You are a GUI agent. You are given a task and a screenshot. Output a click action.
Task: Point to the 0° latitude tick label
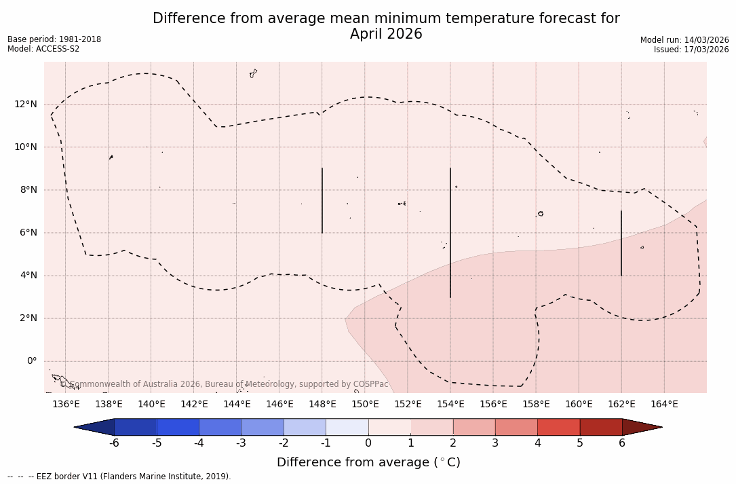click(x=33, y=360)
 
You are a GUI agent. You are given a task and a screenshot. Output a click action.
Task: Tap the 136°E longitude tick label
click(x=66, y=405)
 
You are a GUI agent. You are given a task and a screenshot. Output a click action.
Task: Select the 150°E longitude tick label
click(x=365, y=405)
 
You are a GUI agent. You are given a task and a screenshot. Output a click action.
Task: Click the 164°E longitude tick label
click(x=664, y=405)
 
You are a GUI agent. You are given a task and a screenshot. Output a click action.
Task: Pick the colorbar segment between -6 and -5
click(x=136, y=427)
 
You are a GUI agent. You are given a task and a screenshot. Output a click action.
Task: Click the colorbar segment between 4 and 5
click(x=558, y=427)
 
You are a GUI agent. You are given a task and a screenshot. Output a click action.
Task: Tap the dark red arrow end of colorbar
click(x=641, y=427)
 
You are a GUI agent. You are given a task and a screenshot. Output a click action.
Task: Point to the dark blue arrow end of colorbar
click(x=95, y=427)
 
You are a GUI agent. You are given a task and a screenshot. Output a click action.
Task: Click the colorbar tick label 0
click(x=368, y=443)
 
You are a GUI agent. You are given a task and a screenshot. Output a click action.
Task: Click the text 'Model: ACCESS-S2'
click(x=43, y=49)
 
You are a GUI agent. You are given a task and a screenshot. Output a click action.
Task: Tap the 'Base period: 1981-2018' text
click(x=54, y=39)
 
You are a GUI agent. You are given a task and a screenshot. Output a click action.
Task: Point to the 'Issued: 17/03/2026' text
click(x=691, y=50)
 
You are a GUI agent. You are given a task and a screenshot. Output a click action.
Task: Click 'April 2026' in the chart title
click(x=386, y=34)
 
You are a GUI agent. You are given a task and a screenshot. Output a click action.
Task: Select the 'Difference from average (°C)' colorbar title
click(x=368, y=462)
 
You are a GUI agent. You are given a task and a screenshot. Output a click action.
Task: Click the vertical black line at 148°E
click(x=322, y=200)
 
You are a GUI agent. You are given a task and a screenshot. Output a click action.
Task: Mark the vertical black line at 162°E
click(x=621, y=243)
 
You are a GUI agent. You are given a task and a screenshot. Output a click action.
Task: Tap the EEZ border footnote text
click(x=119, y=477)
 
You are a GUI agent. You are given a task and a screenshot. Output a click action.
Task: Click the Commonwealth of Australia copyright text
click(x=224, y=384)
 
